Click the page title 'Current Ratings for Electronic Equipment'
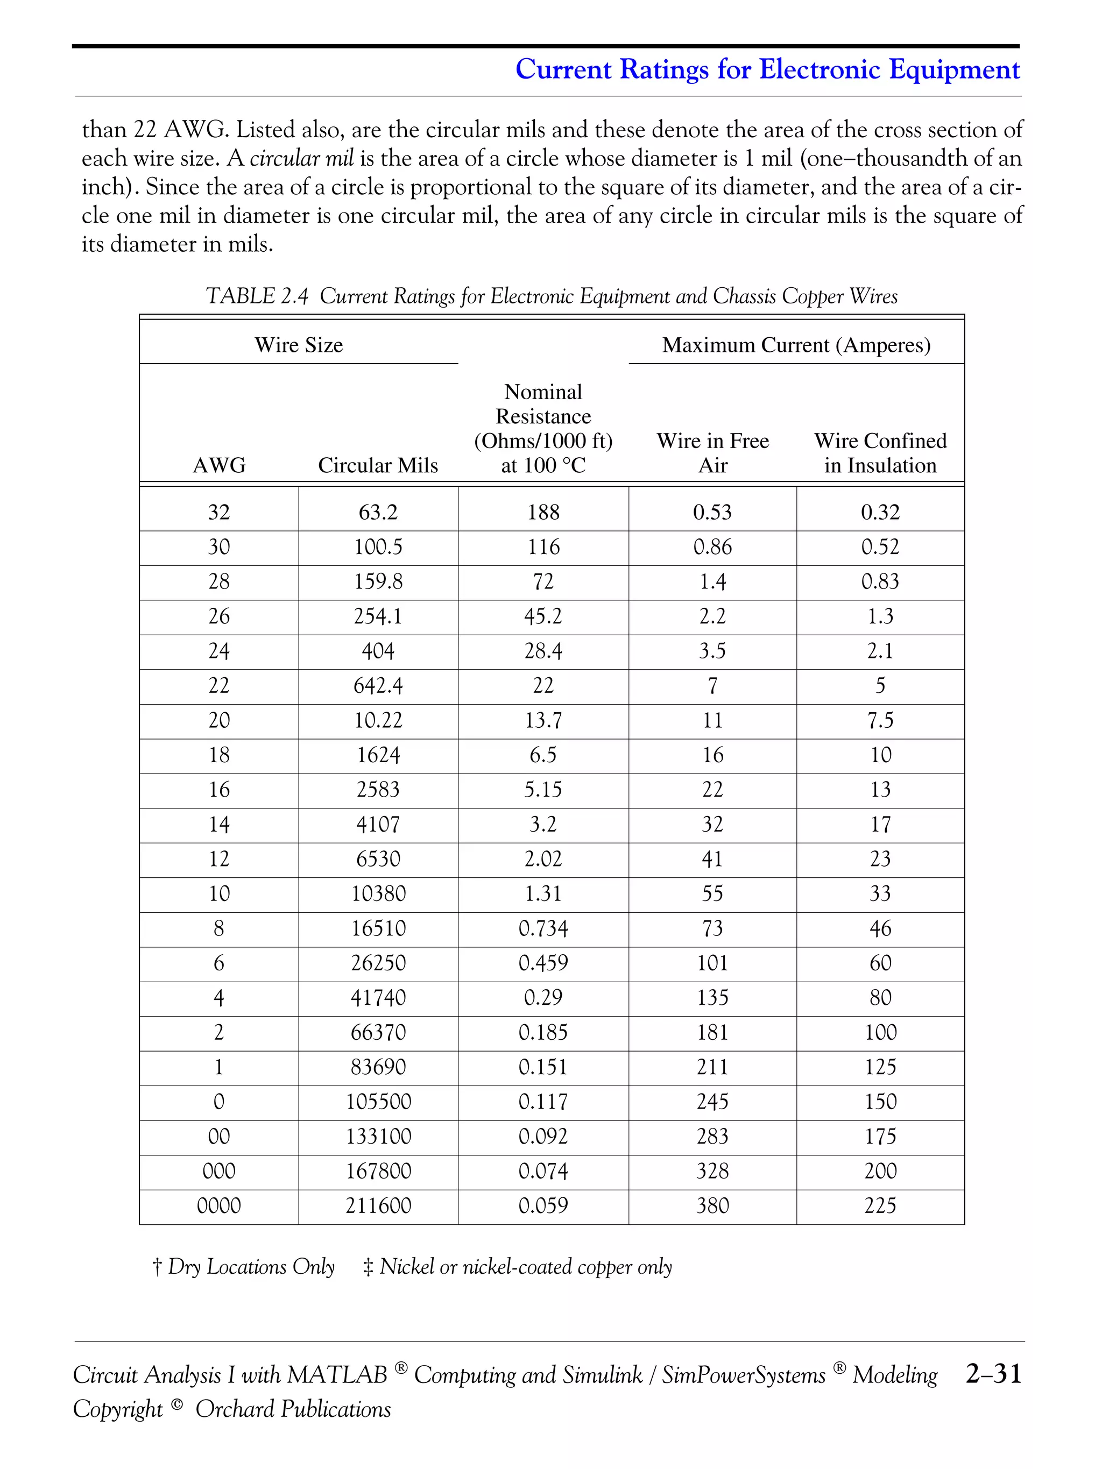coord(767,69)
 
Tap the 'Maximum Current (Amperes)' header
coord(796,345)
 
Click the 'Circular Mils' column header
coord(377,465)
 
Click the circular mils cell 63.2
coord(377,512)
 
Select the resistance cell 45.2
coord(543,616)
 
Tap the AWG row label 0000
coord(218,1205)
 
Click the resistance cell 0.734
coord(543,928)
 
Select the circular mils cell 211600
coord(377,1205)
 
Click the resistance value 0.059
coord(543,1205)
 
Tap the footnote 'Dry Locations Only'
coord(250,1266)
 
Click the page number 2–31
coord(993,1373)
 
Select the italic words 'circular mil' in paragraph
coord(301,158)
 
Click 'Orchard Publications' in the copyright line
coord(292,1409)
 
